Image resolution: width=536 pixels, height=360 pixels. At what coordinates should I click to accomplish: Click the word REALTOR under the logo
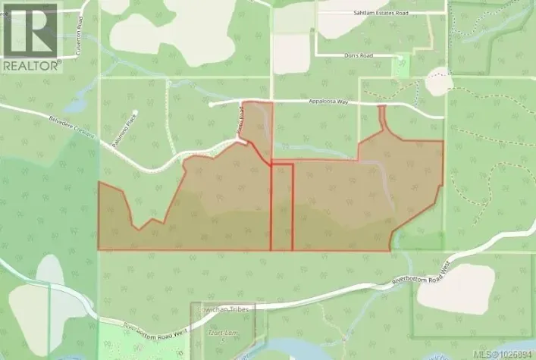(30, 66)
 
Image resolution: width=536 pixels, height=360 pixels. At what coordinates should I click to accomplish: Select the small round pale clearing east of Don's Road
(438, 80)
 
